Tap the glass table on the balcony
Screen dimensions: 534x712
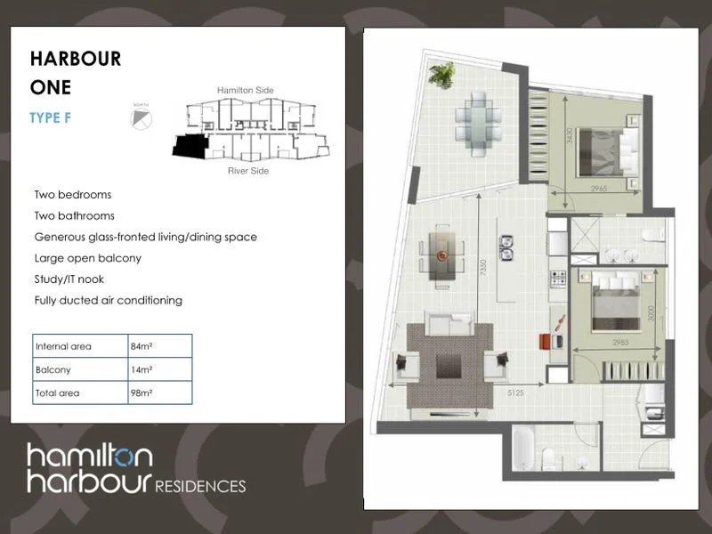[478, 124]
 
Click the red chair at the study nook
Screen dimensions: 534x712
[546, 340]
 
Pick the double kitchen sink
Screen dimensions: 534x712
[507, 247]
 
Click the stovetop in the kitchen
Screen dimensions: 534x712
[559, 279]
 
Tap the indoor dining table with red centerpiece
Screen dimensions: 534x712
[442, 254]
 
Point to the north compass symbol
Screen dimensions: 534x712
[141, 117]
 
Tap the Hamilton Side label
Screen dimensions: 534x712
[245, 91]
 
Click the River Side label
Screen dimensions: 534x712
[248, 171]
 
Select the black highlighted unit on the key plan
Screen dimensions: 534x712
[189, 146]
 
